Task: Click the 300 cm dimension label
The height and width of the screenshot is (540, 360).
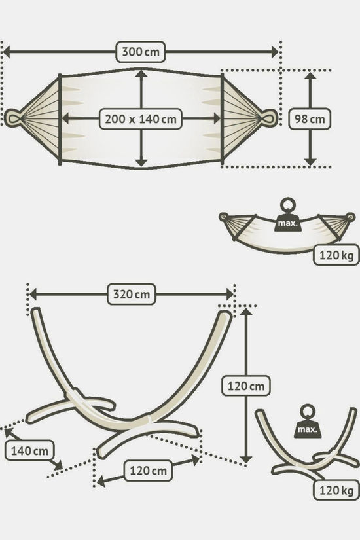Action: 141,52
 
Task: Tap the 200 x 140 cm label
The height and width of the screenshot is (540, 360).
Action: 141,119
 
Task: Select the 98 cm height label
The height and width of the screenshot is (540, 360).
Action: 310,119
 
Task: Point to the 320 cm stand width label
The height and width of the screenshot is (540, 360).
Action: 132,295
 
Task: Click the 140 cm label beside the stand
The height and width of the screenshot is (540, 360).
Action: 29,450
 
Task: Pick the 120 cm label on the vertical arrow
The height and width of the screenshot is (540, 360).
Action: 245,386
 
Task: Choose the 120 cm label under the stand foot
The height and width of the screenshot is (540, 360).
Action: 148,471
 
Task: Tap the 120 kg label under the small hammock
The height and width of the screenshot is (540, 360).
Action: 336,255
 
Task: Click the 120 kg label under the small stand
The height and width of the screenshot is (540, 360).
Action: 336,490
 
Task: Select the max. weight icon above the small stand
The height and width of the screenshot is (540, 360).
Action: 307,422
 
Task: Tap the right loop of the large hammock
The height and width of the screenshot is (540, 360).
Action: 269,118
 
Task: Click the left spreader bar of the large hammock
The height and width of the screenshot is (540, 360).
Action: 60,119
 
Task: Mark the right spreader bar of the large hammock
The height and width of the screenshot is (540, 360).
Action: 222,119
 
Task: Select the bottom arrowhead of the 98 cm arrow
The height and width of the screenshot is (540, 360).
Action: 310,161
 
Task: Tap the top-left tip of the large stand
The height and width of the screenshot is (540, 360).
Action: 36,311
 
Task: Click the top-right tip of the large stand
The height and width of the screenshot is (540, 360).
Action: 226,314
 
